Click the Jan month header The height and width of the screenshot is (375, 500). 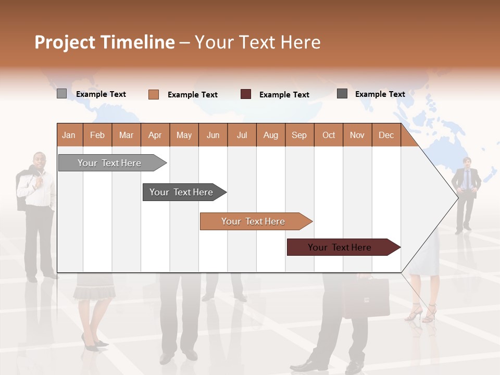click(x=69, y=135)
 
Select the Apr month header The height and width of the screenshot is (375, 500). click(x=155, y=135)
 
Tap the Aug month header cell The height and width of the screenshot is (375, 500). click(x=271, y=135)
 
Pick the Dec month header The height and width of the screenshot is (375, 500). click(x=386, y=135)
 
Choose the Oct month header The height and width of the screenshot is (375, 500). click(x=329, y=135)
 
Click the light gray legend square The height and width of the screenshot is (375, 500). click(x=61, y=94)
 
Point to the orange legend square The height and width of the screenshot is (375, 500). click(x=153, y=94)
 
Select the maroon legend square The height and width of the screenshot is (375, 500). click(x=246, y=94)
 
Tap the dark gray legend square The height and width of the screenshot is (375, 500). click(x=342, y=94)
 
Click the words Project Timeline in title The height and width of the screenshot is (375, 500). click(x=104, y=42)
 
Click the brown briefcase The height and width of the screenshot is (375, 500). click(x=366, y=298)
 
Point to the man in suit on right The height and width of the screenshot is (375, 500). click(x=466, y=193)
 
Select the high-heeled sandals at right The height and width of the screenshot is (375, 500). click(x=422, y=312)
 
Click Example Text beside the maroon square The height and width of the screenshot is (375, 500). click(x=284, y=95)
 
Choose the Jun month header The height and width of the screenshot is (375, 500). click(x=213, y=135)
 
